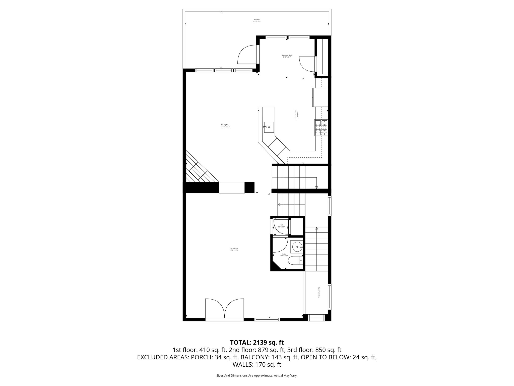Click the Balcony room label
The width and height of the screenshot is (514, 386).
pyautogui.click(x=257, y=21)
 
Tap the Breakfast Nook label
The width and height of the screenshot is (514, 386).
pyautogui.click(x=287, y=56)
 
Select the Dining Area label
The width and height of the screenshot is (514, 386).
pyautogui.click(x=225, y=126)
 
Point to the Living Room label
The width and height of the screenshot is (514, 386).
pyautogui.click(x=234, y=249)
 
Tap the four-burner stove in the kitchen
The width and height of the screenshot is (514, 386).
pyautogui.click(x=321, y=128)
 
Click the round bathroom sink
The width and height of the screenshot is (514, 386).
pyautogui.click(x=297, y=247)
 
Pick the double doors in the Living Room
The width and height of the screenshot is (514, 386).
pyautogui.click(x=224, y=309)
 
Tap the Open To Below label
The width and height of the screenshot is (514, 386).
pyautogui.click(x=319, y=293)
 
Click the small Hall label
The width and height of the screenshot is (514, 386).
pyautogui.click(x=281, y=226)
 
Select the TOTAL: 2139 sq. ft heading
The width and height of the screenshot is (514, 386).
pyautogui.click(x=257, y=342)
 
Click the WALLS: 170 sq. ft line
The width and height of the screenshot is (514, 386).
pyautogui.click(x=257, y=365)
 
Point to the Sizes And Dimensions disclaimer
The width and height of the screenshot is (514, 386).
pyautogui.click(x=257, y=375)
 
